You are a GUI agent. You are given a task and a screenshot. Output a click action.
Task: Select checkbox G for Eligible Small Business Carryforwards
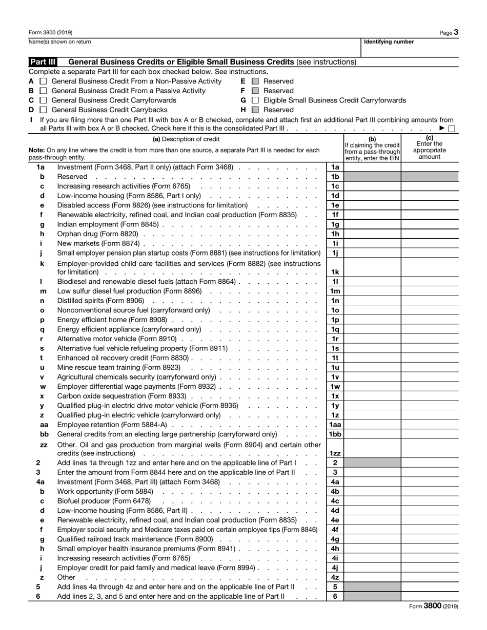click(255, 100)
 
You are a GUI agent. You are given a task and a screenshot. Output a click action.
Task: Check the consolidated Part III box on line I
click(452, 129)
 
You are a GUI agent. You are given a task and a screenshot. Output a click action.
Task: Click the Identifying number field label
click(389, 42)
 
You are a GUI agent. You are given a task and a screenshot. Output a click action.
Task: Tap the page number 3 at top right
click(456, 32)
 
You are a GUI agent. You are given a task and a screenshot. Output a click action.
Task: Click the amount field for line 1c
click(430, 186)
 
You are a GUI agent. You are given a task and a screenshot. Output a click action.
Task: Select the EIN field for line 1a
click(372, 167)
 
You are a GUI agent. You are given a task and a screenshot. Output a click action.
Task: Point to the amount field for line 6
click(430, 597)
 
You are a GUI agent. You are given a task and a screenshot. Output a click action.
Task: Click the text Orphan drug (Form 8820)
click(97, 234)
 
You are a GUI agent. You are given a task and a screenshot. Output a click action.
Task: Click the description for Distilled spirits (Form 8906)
click(101, 300)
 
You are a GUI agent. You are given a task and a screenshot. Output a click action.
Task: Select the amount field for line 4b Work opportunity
click(430, 491)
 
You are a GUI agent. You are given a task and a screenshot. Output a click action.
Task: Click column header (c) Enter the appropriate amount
click(430, 148)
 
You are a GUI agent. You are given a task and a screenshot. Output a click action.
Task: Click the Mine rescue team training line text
click(119, 367)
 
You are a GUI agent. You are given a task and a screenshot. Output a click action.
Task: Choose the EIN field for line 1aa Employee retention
click(372, 425)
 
